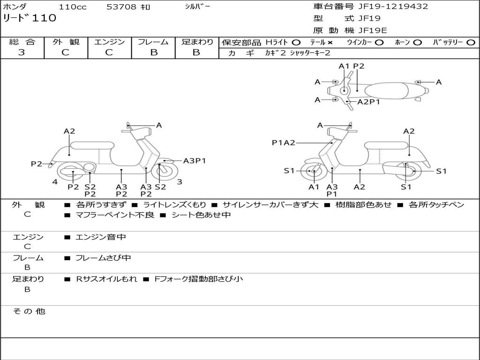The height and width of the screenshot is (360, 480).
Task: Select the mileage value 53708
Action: point(122,7)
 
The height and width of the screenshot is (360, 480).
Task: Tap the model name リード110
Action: point(30,18)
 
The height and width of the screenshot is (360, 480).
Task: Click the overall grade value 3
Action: point(22,52)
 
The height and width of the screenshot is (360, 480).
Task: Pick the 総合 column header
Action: point(22,42)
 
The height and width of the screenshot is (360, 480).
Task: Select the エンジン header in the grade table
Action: point(109,42)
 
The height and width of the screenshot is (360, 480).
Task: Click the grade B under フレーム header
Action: point(153,52)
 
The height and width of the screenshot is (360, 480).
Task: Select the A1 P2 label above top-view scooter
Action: point(351,66)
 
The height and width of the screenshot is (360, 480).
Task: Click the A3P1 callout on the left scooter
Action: point(195,161)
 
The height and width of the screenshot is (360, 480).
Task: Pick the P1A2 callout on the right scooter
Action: point(284,143)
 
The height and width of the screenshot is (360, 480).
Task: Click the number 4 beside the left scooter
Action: point(55,181)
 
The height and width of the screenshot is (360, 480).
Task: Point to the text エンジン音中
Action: point(100,237)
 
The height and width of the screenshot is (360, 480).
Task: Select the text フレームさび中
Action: point(103,258)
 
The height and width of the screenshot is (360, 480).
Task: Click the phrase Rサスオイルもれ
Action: point(106,279)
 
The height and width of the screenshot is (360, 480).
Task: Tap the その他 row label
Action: point(29,311)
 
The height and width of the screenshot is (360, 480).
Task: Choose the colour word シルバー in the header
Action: point(198,7)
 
